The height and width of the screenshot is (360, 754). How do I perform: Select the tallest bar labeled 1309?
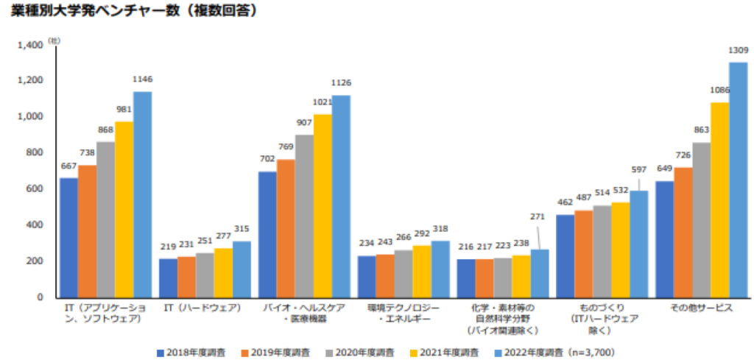point(738,180)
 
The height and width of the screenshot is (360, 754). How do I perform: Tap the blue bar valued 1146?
point(142,194)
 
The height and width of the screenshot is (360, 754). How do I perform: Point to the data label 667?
point(68,166)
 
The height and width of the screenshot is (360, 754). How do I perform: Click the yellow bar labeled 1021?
point(323,205)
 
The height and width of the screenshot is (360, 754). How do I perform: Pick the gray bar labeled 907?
point(304,216)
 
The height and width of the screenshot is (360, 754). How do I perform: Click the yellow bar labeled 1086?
point(719,200)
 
